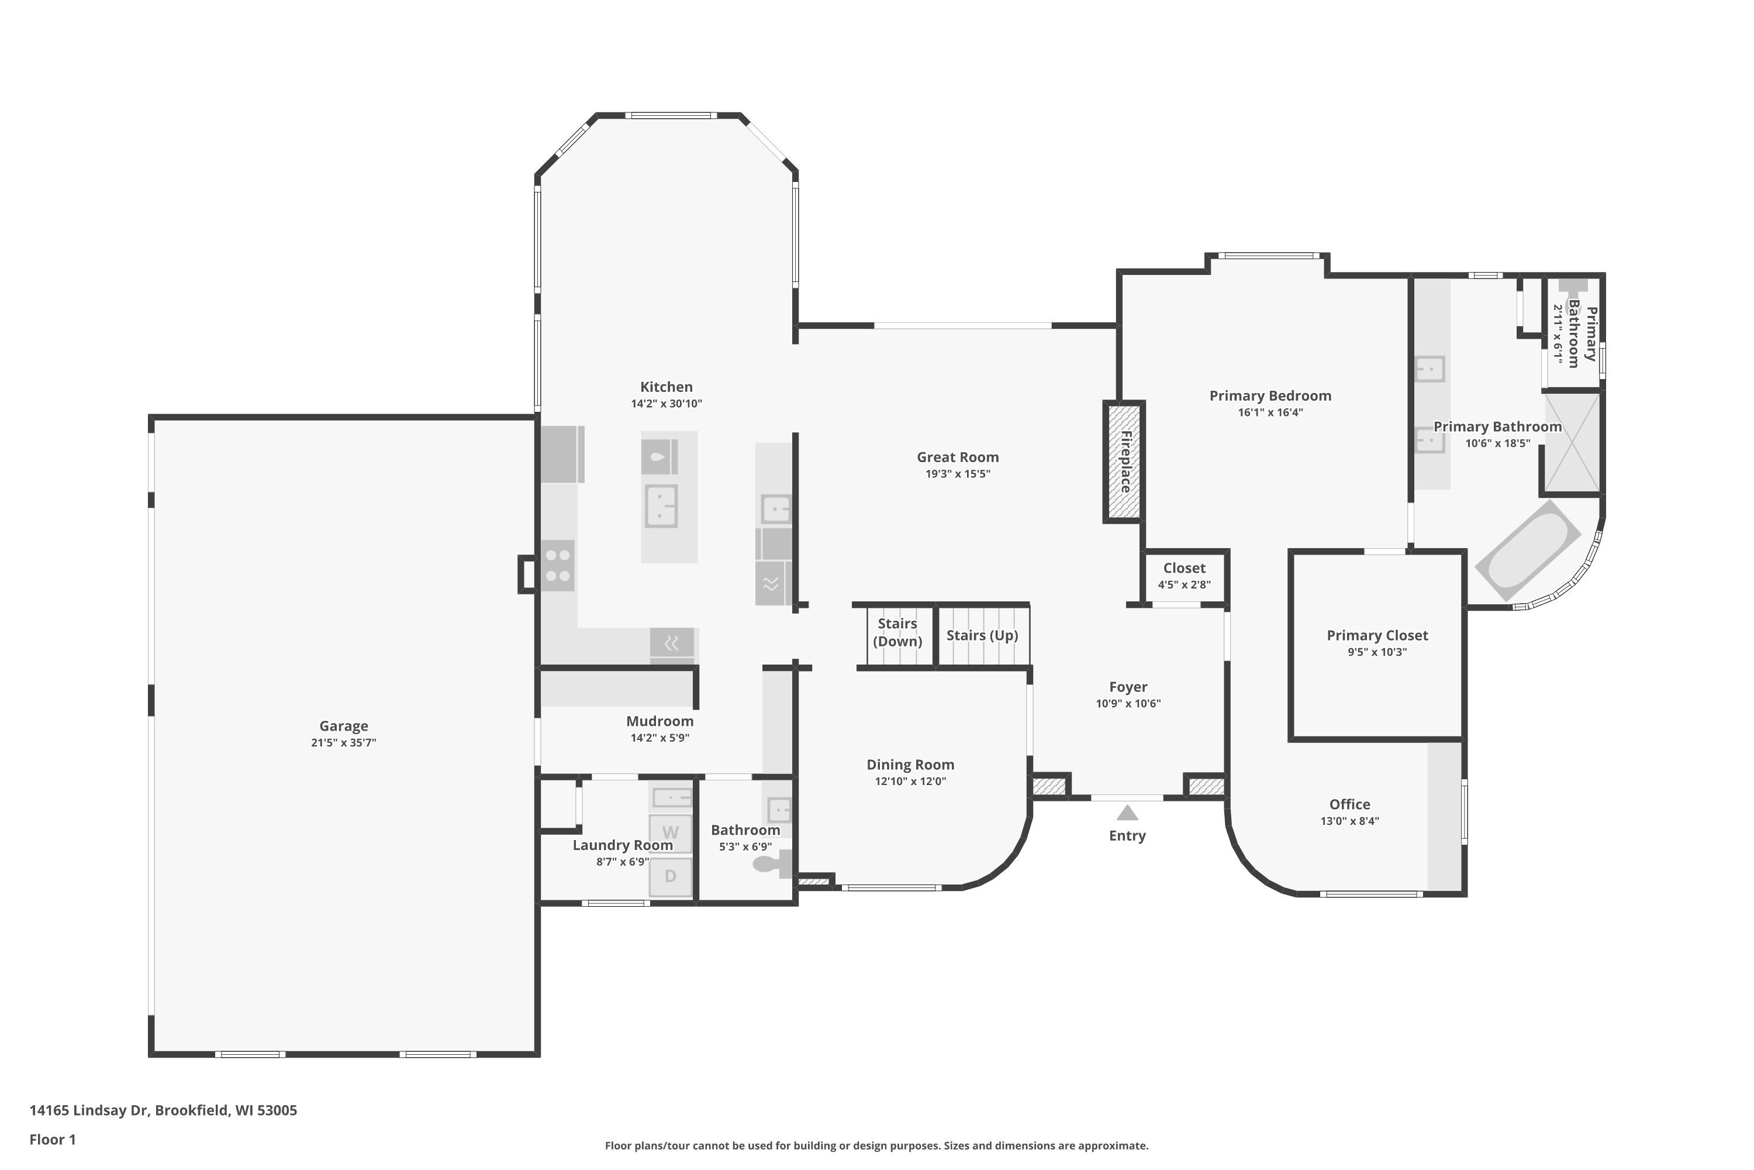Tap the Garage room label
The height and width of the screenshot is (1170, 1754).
click(x=343, y=726)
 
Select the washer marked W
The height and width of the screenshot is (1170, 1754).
click(x=671, y=832)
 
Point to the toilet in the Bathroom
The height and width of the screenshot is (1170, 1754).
click(x=772, y=864)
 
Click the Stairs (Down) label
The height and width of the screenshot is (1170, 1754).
click(x=897, y=632)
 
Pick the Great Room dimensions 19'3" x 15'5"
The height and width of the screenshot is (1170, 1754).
click(x=958, y=474)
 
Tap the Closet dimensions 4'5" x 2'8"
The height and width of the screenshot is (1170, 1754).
click(x=1185, y=585)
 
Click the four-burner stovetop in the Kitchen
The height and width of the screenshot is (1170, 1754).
click(x=558, y=566)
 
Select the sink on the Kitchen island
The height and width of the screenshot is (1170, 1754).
click(x=661, y=506)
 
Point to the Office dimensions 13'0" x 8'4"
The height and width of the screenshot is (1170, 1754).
click(x=1350, y=821)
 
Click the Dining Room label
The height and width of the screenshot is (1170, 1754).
click(x=910, y=764)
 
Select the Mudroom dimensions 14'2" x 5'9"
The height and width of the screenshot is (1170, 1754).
click(x=660, y=738)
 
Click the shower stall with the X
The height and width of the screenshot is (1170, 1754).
click(x=1572, y=442)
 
